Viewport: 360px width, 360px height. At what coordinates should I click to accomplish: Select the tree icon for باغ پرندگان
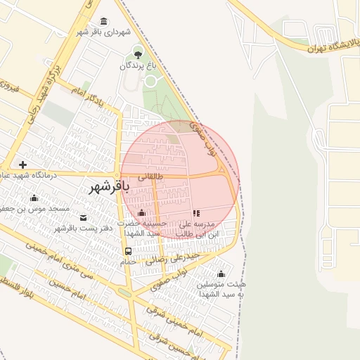(138, 53)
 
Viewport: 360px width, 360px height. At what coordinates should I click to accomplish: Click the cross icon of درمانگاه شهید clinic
(23, 164)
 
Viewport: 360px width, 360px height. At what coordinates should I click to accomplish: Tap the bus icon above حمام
(128, 251)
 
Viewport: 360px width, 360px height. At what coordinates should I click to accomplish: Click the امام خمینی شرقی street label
(173, 319)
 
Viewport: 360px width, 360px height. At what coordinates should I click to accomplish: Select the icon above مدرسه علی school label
(196, 212)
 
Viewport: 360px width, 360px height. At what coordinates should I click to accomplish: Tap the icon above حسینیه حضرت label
(142, 212)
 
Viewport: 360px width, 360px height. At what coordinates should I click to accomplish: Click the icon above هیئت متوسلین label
(221, 274)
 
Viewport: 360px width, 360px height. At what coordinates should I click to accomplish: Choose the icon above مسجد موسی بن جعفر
(34, 198)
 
